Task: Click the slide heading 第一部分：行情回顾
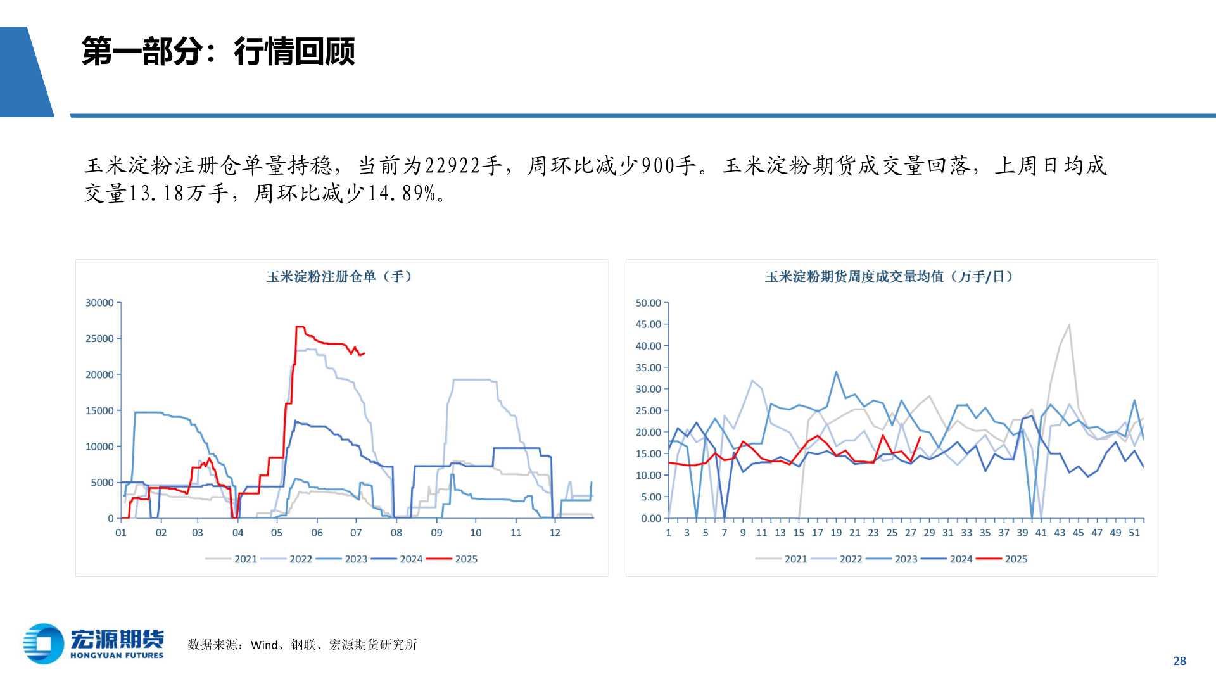[x=218, y=51]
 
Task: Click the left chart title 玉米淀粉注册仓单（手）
[x=339, y=277]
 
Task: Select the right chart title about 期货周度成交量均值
[x=889, y=277]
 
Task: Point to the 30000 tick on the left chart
[x=99, y=303]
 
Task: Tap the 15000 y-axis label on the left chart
[x=99, y=410]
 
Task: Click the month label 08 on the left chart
[x=396, y=533]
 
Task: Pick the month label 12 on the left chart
[x=555, y=533]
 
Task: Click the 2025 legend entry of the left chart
[x=466, y=559]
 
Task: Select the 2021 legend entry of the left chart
[x=246, y=559]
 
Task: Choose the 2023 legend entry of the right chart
[x=906, y=559]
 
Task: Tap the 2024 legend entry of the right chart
[x=961, y=559]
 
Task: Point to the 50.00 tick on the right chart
[x=648, y=303]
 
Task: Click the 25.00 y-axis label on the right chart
[x=648, y=410]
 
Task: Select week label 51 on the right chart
[x=1134, y=533]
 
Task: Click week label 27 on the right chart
[x=911, y=533]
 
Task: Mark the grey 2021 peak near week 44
[x=1069, y=326]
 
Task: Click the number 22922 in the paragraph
[x=452, y=166]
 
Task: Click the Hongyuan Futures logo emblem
[x=43, y=643]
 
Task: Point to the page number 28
[x=1179, y=661]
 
